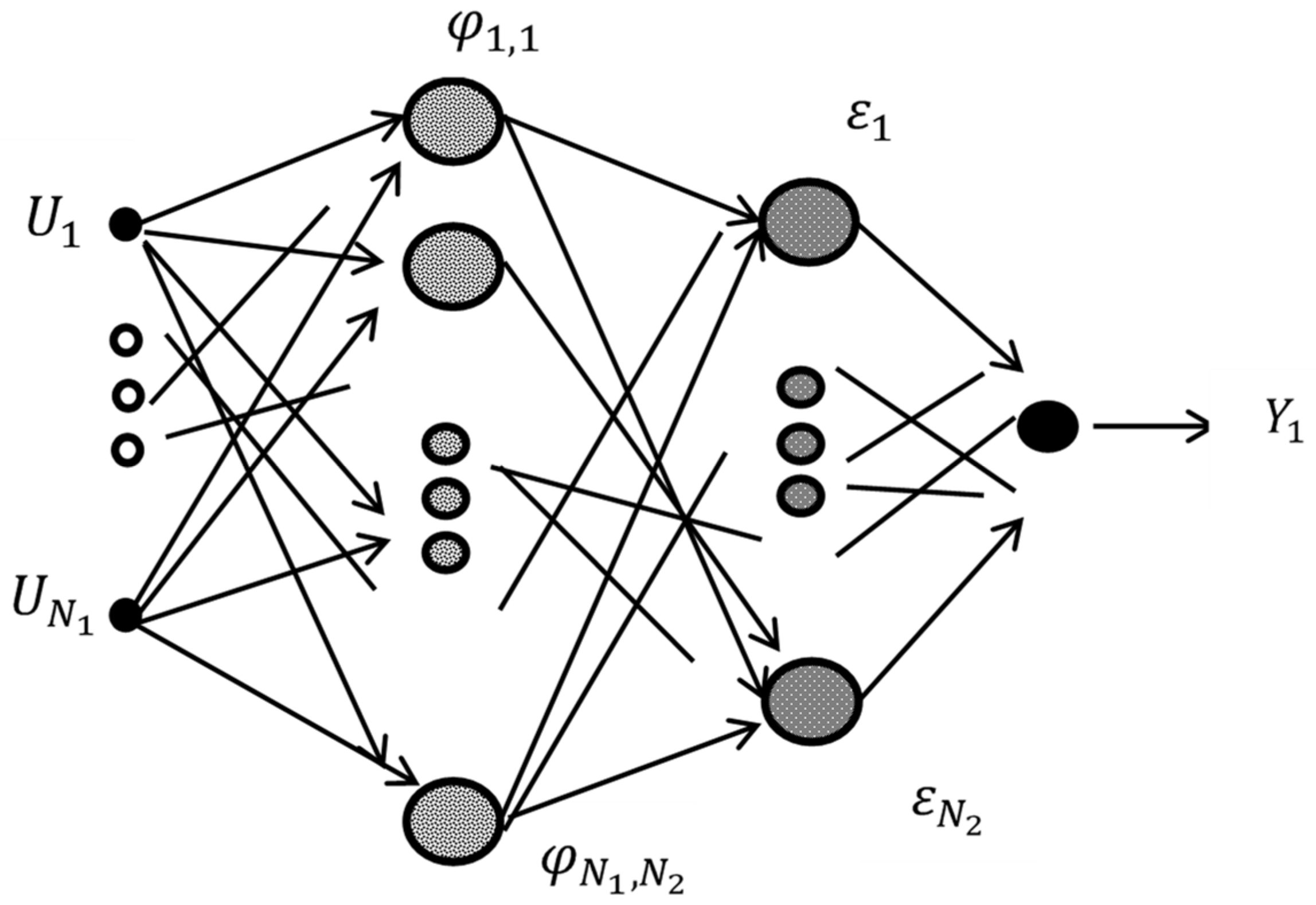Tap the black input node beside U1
[125, 224]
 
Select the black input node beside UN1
[125, 615]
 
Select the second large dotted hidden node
[453, 266]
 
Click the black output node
[1048, 426]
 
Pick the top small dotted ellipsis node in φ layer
[446, 444]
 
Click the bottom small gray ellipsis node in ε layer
[800, 496]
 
